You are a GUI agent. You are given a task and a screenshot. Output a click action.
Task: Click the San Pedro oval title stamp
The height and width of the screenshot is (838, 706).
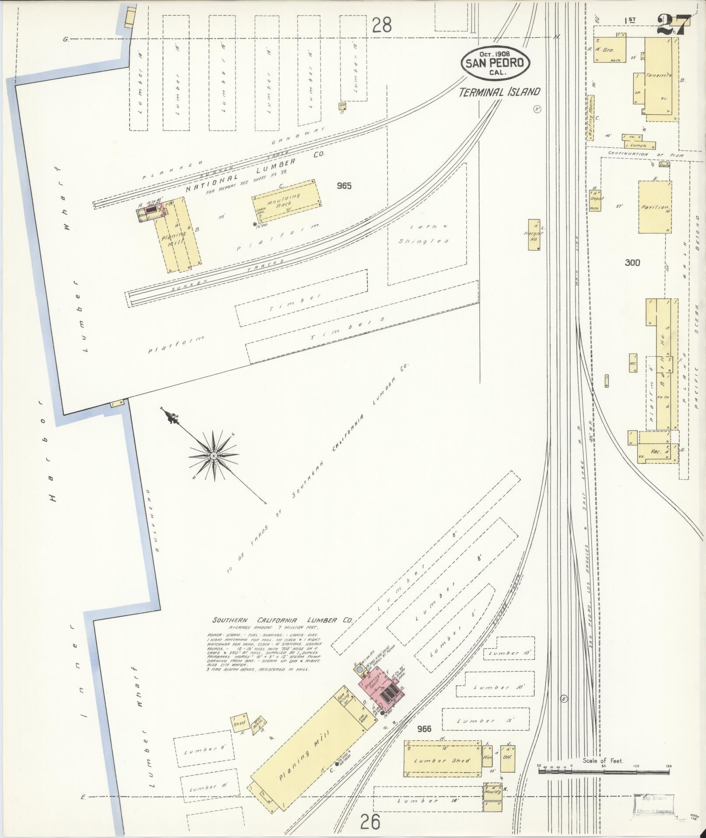pos(495,62)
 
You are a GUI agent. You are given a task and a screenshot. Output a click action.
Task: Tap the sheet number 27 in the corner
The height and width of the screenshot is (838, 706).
pos(673,25)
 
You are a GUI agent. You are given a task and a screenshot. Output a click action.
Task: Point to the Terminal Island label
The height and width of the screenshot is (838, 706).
pos(499,92)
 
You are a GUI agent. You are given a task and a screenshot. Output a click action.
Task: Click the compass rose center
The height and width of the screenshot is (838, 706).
pos(213,456)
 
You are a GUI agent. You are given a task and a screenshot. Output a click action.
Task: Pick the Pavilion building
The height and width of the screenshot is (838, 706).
pos(655,207)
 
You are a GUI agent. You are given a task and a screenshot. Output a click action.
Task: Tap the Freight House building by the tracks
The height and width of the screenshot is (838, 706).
pos(534,235)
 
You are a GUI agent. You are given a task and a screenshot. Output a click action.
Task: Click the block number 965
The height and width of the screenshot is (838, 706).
pos(344,186)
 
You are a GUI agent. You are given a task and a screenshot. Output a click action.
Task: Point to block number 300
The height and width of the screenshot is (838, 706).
pos(632,262)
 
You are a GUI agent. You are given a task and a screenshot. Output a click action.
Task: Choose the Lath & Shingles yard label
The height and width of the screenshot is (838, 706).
pos(423,234)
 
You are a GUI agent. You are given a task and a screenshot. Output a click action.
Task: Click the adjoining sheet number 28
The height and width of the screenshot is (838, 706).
pos(381,26)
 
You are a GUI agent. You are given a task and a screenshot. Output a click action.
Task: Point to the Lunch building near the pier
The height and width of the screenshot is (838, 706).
pos(639,145)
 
